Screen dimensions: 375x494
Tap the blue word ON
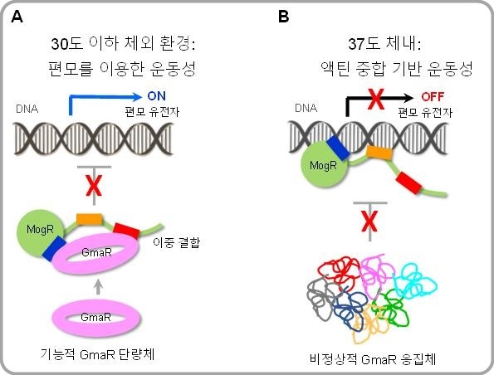point(158,95)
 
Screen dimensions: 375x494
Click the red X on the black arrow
point(375,100)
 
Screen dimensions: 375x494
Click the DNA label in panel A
point(27,109)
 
